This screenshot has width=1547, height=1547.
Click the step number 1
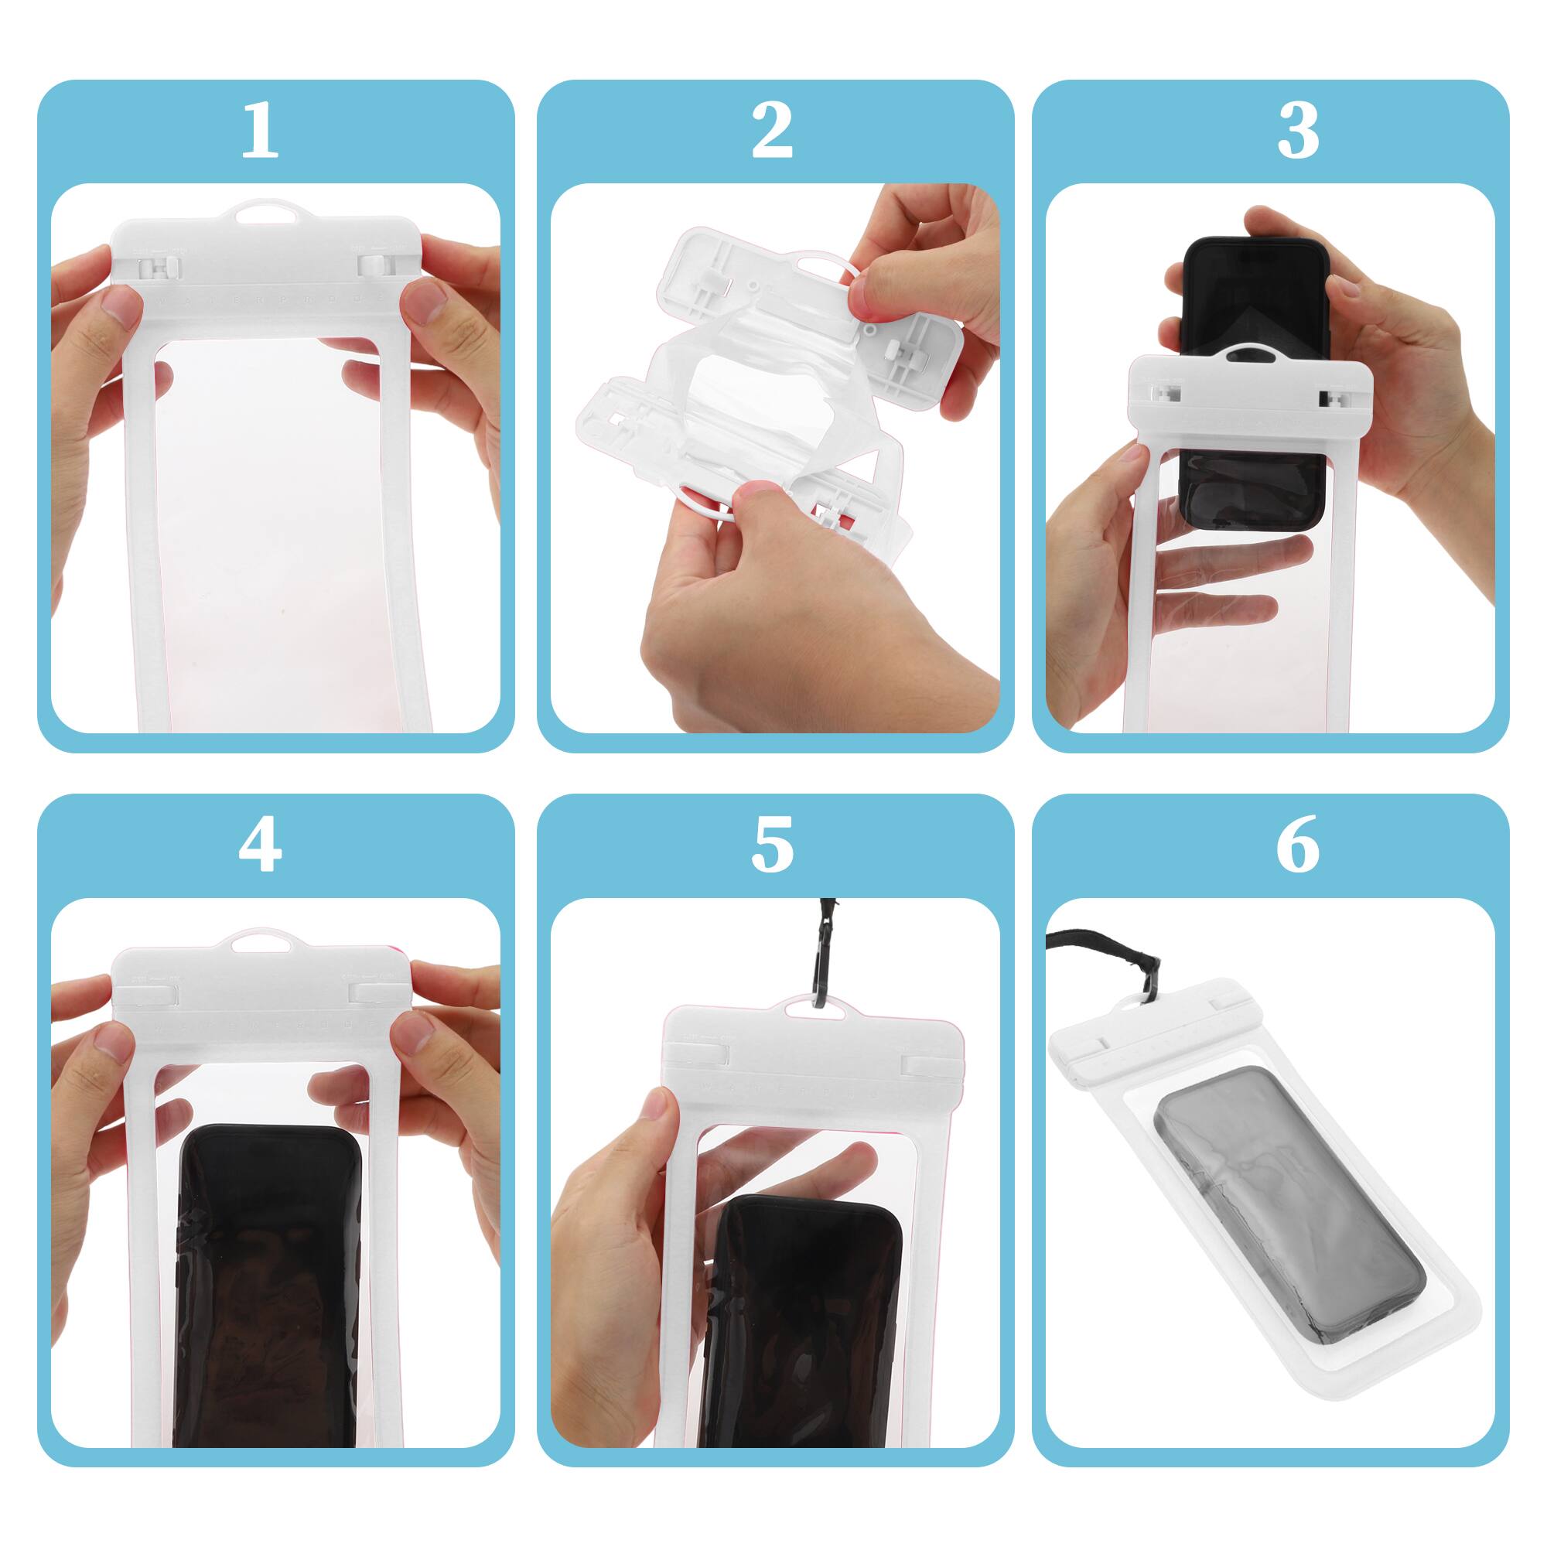[259, 131]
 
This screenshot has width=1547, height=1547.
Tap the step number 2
[772, 131]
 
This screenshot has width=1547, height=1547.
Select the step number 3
[1298, 131]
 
